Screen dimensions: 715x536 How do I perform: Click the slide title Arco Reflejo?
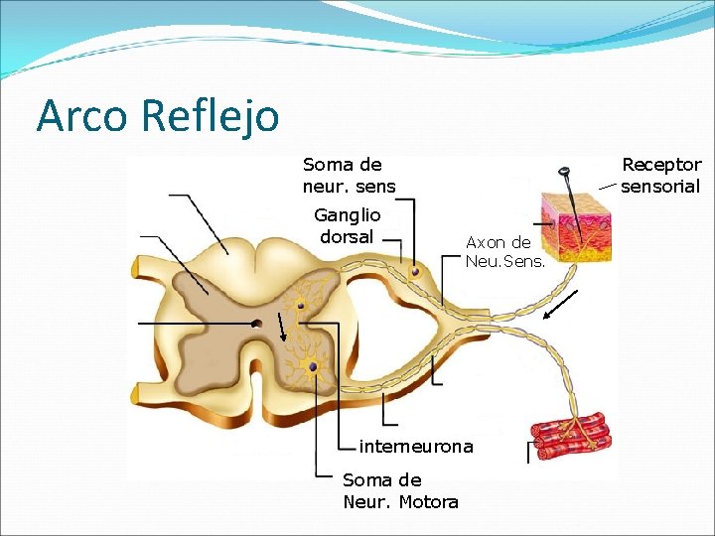[x=157, y=115]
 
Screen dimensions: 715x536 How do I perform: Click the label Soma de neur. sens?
[x=349, y=175]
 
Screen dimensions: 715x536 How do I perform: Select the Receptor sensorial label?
[x=660, y=175]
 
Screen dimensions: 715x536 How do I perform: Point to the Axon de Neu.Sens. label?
[x=499, y=251]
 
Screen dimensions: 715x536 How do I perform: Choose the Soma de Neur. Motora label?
[x=400, y=490]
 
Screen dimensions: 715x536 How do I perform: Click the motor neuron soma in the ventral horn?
[x=314, y=367]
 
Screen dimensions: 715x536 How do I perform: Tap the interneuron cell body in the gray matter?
[x=300, y=306]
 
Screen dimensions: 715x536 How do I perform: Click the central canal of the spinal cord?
[x=256, y=323]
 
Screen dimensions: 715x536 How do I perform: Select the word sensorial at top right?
[x=660, y=186]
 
